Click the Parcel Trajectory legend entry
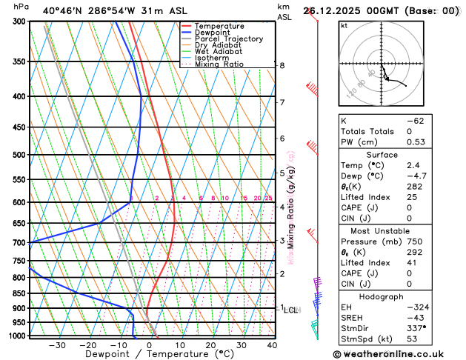(228, 39)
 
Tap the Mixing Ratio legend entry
(219, 64)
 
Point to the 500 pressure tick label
(19, 155)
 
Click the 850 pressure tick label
(19, 293)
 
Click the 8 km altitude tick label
(282, 66)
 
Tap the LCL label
(290, 310)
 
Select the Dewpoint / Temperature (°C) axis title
(149, 354)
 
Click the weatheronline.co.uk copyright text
(398, 354)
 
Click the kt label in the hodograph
(344, 25)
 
